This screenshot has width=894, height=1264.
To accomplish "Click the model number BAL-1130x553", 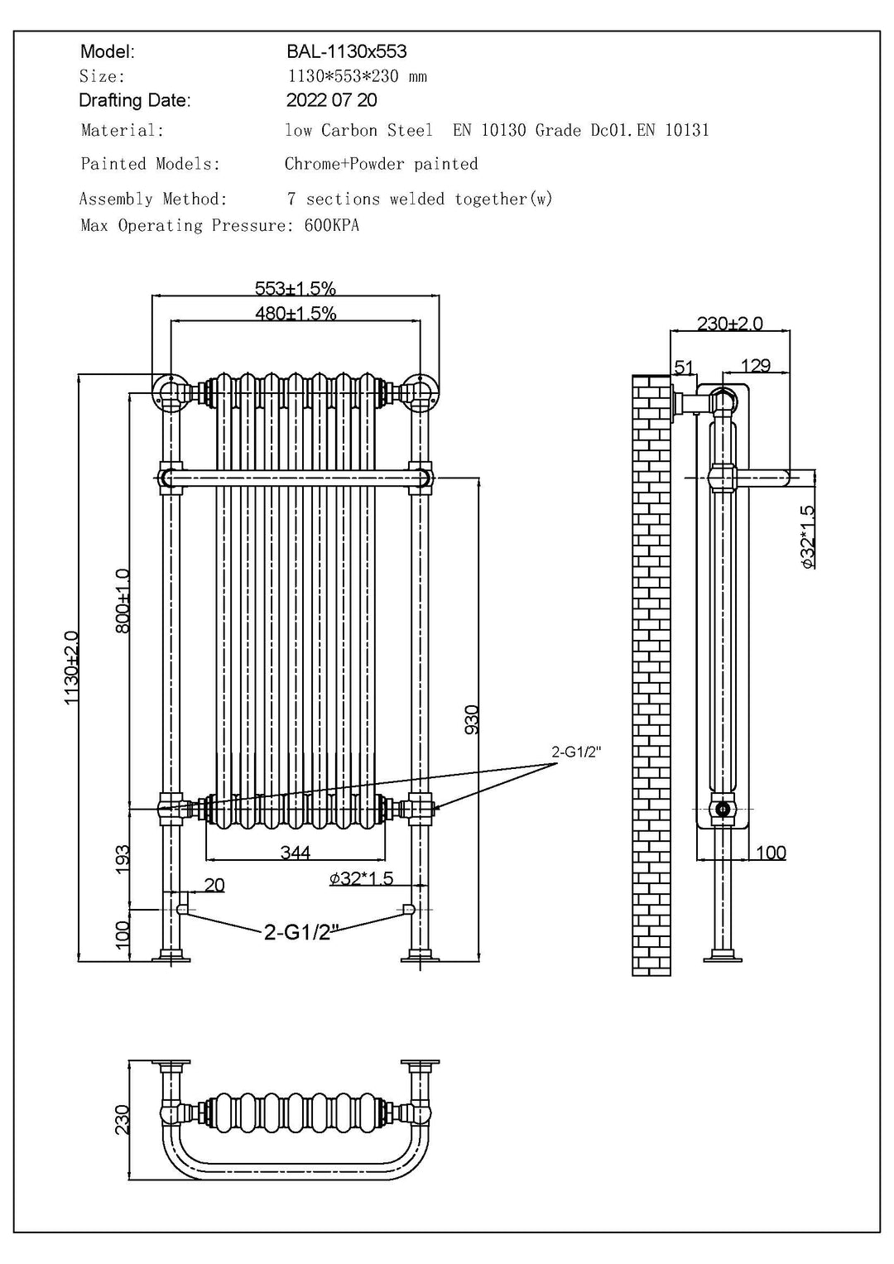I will click(346, 51).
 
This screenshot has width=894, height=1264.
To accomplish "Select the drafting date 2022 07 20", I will click(331, 100).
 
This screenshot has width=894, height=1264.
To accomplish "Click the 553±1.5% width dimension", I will click(296, 288).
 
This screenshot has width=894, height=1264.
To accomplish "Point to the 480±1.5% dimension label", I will click(296, 313).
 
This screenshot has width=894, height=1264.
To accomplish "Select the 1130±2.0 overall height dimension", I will click(72, 667).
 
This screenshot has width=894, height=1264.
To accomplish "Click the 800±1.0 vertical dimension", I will click(123, 600).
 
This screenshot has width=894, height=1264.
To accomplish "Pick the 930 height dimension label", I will click(472, 719).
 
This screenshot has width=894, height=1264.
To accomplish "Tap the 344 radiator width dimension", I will click(295, 853).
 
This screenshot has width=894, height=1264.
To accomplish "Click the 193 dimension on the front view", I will click(123, 858).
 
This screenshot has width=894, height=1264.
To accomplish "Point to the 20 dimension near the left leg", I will click(214, 885).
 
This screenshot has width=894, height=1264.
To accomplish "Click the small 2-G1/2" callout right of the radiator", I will click(576, 752).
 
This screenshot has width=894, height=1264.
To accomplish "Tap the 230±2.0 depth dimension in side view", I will click(729, 323).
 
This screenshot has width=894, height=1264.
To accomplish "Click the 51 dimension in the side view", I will click(684, 367).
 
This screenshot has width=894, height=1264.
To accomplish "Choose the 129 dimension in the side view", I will click(755, 365).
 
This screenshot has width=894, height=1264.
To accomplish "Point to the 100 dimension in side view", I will click(771, 853).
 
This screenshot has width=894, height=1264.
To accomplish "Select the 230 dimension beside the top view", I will click(123, 1119).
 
